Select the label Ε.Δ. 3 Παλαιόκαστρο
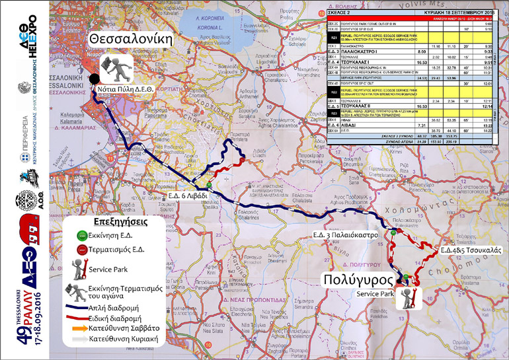coord(345,234)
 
